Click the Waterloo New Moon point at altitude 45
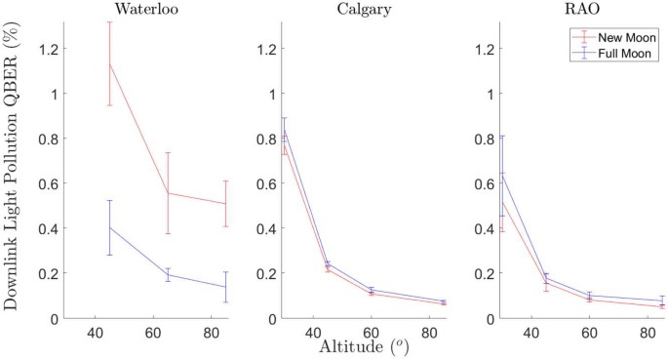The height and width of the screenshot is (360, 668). click(109, 63)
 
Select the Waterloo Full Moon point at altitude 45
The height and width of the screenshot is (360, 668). click(109, 227)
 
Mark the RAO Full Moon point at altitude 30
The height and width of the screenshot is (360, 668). click(501, 173)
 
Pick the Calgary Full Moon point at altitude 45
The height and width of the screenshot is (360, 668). click(328, 263)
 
